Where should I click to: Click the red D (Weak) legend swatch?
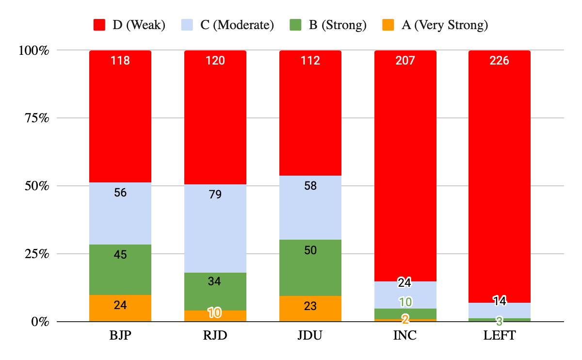[x=99, y=25]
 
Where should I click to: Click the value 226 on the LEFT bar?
[x=500, y=61]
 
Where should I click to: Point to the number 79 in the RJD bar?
[x=215, y=195]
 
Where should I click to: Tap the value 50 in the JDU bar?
[x=310, y=250]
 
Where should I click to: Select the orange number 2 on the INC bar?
[x=405, y=319]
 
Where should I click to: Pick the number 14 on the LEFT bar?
[x=500, y=301]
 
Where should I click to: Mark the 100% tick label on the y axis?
[x=33, y=50]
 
